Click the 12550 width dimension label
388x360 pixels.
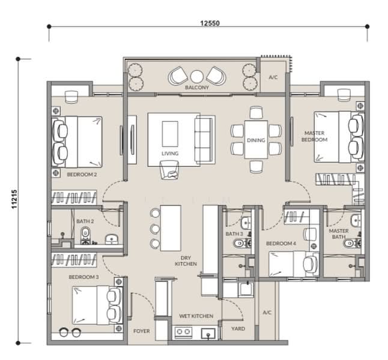pos(210,23)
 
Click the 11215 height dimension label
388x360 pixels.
pos(14,199)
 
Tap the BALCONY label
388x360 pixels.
pos(197,88)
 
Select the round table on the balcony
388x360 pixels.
pos(197,76)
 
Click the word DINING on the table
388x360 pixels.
pos(256,140)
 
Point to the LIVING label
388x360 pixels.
pos(170,154)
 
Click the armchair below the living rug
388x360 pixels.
pos(169,170)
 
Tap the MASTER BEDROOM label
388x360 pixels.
pos(315,136)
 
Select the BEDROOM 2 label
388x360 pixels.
pos(82,175)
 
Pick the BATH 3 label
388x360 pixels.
pos(234,234)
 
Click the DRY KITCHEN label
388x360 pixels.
pos(186,261)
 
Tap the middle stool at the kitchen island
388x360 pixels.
pos(155,229)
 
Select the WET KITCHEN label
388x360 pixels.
pos(196,316)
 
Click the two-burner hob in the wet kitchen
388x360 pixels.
pos(184,332)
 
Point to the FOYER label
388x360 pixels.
pos(142,331)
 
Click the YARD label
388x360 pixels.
pos(238,329)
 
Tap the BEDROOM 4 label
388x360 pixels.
pos(281,244)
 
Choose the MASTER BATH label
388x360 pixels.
pos(339,233)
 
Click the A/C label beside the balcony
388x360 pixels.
pos(273,77)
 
